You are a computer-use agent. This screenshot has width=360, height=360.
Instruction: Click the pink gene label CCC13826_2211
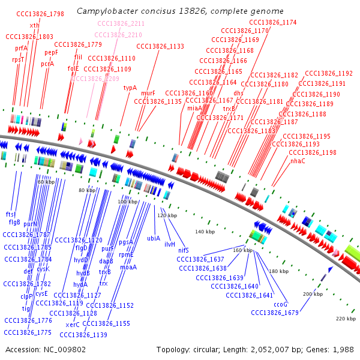[121, 23]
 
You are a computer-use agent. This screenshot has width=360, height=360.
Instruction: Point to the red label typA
[130, 88]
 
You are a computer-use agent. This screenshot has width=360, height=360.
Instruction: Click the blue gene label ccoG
[281, 304]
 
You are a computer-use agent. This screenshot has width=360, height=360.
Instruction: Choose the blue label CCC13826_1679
[275, 312]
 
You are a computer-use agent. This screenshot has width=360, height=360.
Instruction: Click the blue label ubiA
[154, 238]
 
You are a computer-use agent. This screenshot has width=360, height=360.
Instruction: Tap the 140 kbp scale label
[205, 232]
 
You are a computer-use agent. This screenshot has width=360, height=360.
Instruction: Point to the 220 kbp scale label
[346, 318]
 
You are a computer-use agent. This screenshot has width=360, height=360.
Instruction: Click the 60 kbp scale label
[46, 181]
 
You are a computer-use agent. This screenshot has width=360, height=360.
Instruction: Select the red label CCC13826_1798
[40, 14]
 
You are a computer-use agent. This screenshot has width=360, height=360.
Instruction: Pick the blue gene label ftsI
[11, 214]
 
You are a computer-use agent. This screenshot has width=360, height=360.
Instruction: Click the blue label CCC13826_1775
[28, 332]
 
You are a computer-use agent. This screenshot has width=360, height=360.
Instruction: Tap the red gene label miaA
[194, 108]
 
